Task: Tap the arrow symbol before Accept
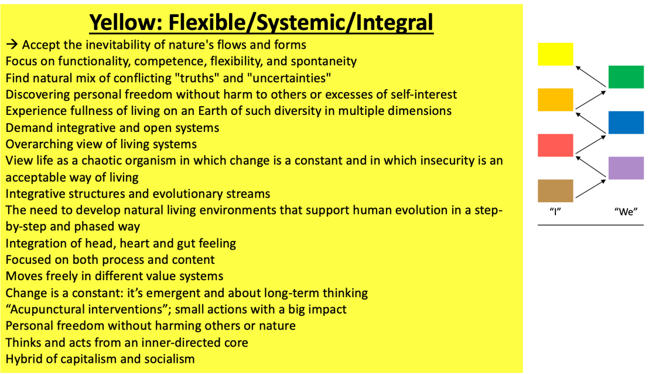12,44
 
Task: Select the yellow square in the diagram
555,55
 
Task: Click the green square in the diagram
626,77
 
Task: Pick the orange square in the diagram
555,100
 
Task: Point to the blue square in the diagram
626,123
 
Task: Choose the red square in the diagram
555,145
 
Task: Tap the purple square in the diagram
626,168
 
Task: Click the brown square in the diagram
555,191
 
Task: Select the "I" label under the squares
555,212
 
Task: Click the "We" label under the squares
626,212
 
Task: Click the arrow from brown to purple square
591,189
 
